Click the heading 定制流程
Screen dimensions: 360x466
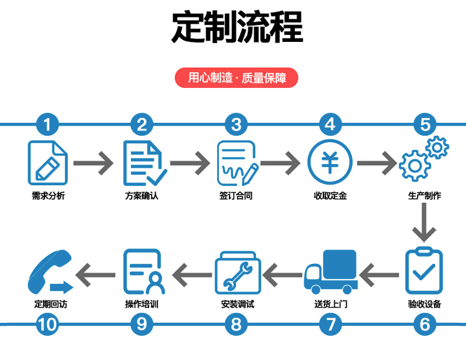click(237, 27)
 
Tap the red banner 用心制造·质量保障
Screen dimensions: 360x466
click(237, 78)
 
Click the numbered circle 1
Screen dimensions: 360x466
click(47, 125)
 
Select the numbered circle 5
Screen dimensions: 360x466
click(425, 125)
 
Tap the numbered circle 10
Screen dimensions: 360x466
click(47, 324)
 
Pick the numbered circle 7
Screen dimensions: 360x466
click(330, 324)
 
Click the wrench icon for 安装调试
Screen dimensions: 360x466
click(236, 273)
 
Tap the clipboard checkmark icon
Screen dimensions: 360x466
click(424, 270)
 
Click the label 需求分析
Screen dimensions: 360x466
click(48, 195)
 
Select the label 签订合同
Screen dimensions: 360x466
click(236, 195)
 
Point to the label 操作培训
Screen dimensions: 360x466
click(142, 305)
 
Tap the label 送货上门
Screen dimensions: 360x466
click(330, 305)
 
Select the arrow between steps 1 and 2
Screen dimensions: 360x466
click(94, 162)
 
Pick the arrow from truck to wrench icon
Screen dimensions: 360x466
click(282, 273)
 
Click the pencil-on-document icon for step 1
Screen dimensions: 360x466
click(47, 162)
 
